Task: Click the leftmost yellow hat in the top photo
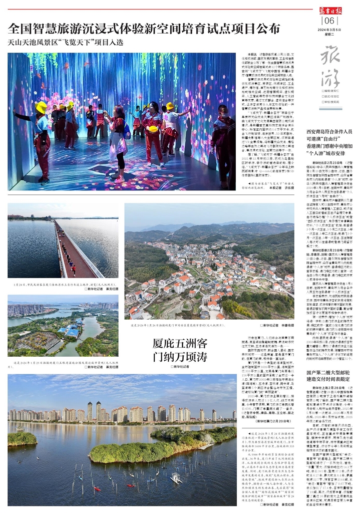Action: [41, 107]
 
